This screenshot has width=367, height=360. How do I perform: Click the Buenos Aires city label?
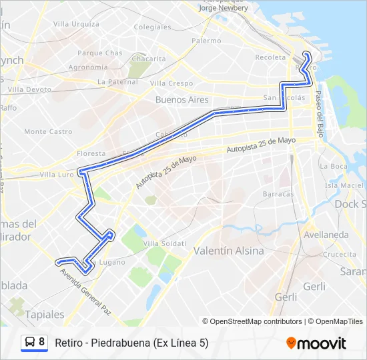pos(181,99)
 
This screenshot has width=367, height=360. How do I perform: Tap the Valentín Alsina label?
pos(228,251)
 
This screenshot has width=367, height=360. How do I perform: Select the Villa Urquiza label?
pos(76,24)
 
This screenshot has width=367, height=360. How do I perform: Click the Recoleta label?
pos(270,57)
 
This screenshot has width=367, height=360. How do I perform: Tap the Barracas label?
pos(278,194)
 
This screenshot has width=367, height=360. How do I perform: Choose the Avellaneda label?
pos(326,235)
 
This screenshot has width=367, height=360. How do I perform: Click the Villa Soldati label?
pos(164,243)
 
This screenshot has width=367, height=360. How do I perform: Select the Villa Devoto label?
pos(29,89)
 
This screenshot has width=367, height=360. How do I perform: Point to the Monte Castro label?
pos(48,132)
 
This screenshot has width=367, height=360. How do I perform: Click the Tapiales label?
pos(45,313)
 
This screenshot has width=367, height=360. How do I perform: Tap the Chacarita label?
pos(148,59)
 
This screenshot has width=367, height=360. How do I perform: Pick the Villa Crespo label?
pos(171,83)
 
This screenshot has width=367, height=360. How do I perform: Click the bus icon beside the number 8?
pos(29,343)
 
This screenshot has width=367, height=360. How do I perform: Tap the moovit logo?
pos(316,343)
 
